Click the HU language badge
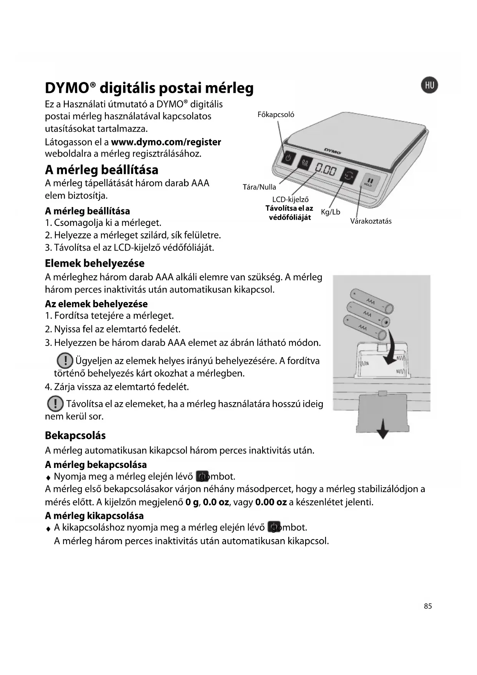point(429,85)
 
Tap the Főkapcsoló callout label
point(276,115)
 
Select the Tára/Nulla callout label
point(259,187)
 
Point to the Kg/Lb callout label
point(331,212)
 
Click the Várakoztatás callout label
point(371,221)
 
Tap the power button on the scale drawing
point(289,157)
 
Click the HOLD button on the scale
point(369,182)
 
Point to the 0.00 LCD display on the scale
point(326,169)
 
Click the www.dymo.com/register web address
point(166,142)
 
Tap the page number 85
point(428,606)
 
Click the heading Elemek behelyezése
point(95,263)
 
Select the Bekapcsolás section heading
point(75,436)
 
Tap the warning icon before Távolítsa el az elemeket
point(55,404)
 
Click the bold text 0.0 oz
point(216,502)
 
